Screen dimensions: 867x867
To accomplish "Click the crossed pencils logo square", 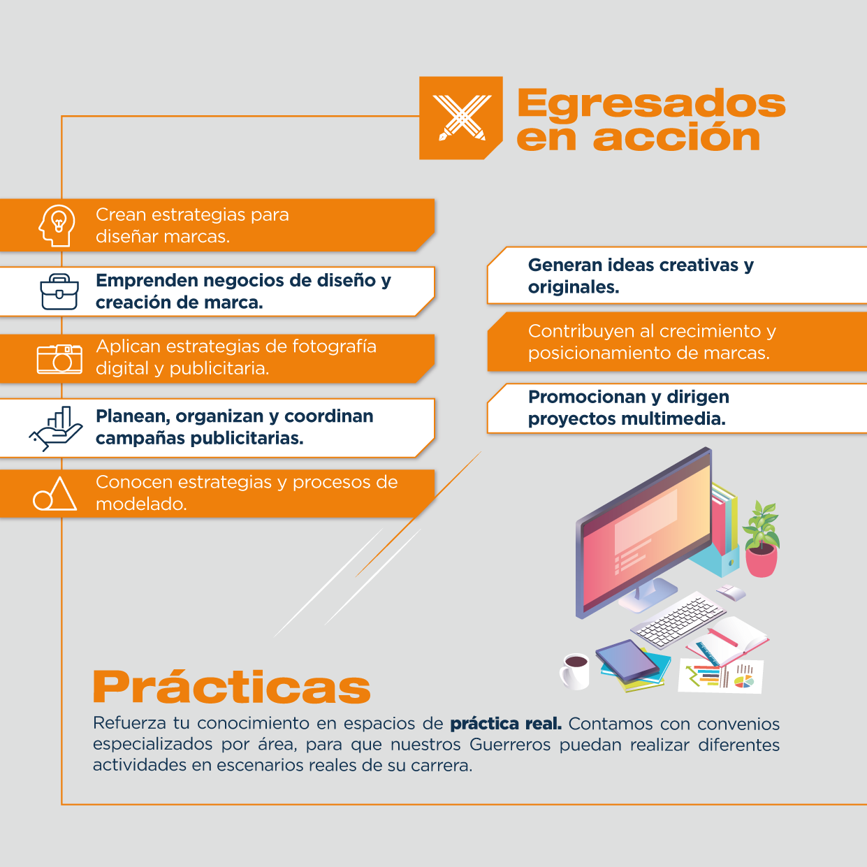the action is [460, 118].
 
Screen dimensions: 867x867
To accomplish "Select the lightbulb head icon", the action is [57, 226].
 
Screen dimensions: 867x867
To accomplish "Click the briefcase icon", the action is [59, 291].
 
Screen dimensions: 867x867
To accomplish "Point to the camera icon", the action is [59, 359].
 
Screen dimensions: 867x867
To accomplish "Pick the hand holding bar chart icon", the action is [56, 428].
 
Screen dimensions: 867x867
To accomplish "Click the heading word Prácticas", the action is [232, 687].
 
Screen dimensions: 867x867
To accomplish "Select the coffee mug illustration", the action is [574, 671].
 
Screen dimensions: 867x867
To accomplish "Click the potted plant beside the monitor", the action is [762, 539].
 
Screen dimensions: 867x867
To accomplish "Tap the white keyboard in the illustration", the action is [678, 620].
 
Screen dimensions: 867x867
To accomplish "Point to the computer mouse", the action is [731, 592].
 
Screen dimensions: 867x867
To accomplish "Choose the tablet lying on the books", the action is [627, 660].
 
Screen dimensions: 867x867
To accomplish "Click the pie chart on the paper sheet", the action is [744, 681].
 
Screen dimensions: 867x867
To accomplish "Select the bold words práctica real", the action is [507, 724].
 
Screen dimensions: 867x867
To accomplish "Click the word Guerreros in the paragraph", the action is [510, 745].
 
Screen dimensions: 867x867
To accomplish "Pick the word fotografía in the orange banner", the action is [334, 347].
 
